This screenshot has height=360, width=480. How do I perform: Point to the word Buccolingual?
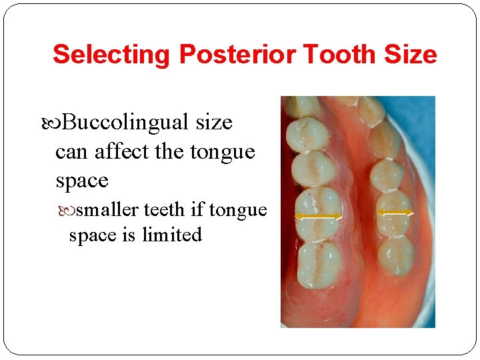pyautogui.click(x=126, y=123)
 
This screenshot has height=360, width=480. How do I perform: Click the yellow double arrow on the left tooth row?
pyautogui.click(x=318, y=217)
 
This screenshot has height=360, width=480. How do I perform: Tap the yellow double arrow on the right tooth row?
pyautogui.click(x=395, y=213)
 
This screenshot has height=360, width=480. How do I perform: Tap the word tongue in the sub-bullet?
pyautogui.click(x=238, y=210)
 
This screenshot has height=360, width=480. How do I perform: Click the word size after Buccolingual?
pyautogui.click(x=214, y=123)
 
